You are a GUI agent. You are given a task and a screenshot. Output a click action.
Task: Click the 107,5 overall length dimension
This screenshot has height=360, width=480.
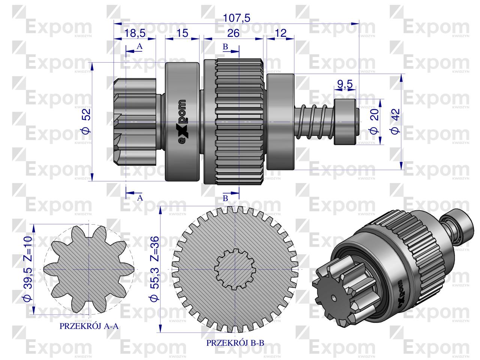pyautogui.click(x=236, y=18)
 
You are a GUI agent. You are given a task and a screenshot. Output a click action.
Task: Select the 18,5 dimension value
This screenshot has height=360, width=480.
pyautogui.click(x=135, y=33)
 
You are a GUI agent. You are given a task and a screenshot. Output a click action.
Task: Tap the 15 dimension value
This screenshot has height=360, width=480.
pyautogui.click(x=182, y=33)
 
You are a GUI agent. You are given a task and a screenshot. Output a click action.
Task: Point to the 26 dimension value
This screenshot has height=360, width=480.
pyautogui.click(x=233, y=33)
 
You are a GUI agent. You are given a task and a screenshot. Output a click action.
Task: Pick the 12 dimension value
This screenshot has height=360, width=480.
pyautogui.click(x=280, y=33)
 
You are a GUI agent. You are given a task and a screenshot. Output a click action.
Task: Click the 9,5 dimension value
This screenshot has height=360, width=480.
pyautogui.click(x=345, y=84)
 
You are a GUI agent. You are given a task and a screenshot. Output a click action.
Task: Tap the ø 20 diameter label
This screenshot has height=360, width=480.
pyautogui.click(x=374, y=121)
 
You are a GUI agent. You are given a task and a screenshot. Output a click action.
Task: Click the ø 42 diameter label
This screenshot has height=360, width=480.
pyautogui.click(x=395, y=121)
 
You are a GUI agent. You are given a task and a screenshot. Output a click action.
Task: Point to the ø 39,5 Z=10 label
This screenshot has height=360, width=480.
pyautogui.click(x=28, y=268)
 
